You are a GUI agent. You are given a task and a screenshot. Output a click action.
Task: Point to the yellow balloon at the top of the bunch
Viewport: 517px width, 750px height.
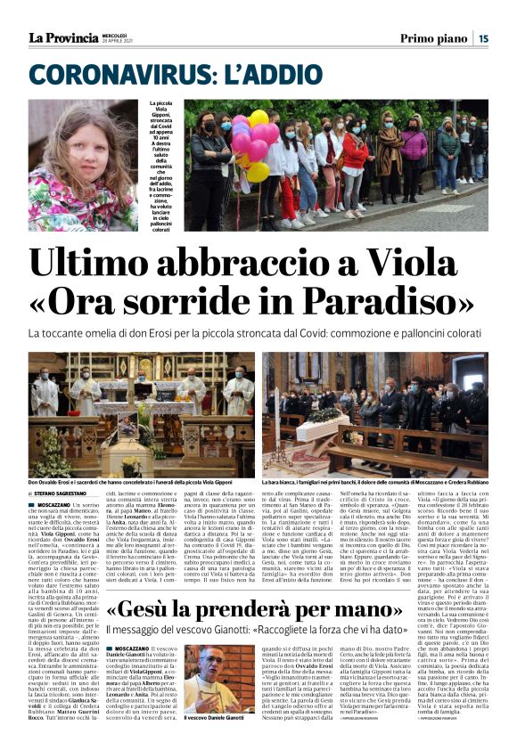pyautogui.click(x=258, y=118)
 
